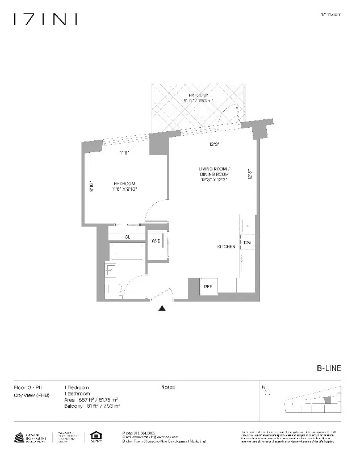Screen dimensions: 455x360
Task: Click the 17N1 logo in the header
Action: click(x=45, y=20)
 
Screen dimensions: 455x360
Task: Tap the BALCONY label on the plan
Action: click(x=198, y=95)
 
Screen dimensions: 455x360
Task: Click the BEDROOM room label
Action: click(x=125, y=183)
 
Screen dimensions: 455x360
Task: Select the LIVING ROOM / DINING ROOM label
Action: click(x=214, y=170)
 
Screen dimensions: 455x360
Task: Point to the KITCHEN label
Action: click(x=225, y=247)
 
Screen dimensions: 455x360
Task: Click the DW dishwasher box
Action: click(x=247, y=243)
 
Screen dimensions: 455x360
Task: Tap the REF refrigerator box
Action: click(x=207, y=286)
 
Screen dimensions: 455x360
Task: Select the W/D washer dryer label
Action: click(x=156, y=241)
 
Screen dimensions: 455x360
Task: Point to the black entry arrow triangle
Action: click(x=162, y=308)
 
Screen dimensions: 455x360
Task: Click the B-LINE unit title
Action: click(x=329, y=368)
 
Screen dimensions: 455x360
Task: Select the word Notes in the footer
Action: click(x=168, y=387)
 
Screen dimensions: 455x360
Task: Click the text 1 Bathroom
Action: click(x=77, y=394)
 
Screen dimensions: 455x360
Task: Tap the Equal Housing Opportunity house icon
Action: click(x=95, y=437)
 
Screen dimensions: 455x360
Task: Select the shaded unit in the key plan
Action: click(x=327, y=400)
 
